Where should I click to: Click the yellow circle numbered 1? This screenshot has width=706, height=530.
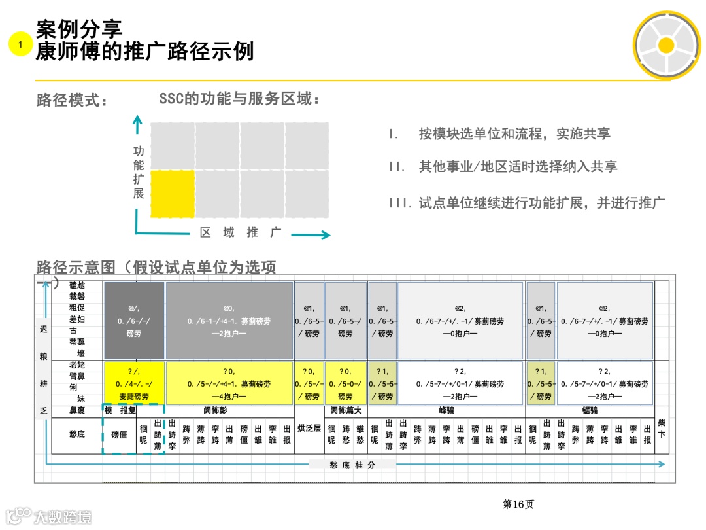20,44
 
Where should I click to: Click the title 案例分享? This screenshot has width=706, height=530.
79,28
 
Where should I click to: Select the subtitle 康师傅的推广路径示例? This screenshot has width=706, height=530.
144,51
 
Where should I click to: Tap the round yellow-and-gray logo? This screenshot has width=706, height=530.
665,44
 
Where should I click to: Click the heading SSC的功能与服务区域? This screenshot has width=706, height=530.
239,99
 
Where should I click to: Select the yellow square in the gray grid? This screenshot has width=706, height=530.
173,194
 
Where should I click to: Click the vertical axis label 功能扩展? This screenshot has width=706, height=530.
139,172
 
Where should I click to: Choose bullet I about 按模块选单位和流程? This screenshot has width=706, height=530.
499,134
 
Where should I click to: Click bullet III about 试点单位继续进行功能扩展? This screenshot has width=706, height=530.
527,203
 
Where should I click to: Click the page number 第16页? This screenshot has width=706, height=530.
518,504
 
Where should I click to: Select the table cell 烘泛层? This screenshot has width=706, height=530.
309,429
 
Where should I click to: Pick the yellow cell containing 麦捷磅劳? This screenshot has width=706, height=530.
134,383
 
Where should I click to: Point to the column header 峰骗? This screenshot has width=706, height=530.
446,411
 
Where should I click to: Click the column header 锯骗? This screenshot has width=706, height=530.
590,411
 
